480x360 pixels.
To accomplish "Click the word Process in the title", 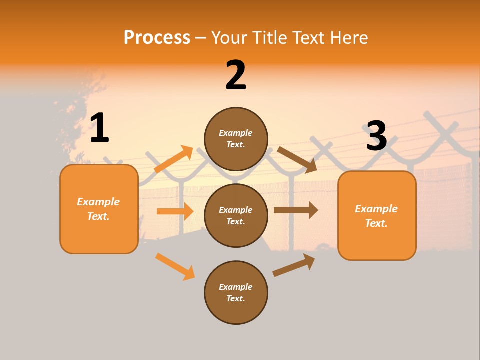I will (157, 37).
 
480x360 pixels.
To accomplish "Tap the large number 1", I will (99, 128).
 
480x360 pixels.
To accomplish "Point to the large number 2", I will (236, 75).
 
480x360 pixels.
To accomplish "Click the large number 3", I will (376, 136).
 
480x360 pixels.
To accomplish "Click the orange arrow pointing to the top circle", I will (174, 159).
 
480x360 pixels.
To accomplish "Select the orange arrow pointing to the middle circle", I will (175, 211).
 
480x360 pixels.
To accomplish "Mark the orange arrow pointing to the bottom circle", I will (175, 266).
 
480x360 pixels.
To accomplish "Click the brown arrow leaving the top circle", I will (297, 160).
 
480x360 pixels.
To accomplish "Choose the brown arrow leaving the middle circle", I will (296, 210).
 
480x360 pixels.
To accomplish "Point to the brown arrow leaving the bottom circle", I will (294, 265).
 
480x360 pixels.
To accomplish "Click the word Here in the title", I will (348, 38).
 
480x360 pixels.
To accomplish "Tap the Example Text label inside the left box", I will (99, 209).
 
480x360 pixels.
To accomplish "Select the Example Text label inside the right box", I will (377, 216).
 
